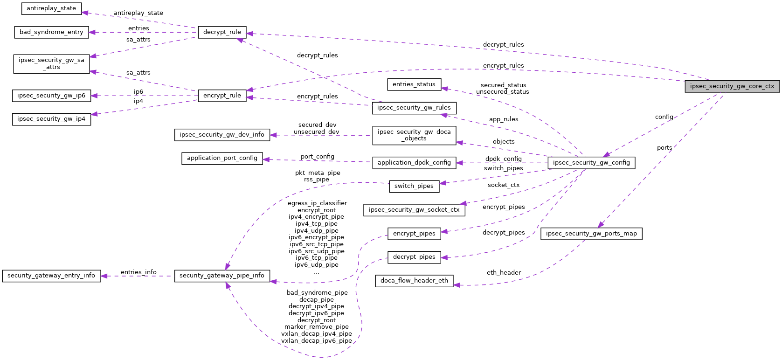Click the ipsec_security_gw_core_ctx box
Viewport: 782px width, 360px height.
click(x=732, y=86)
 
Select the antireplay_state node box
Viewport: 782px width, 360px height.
click(x=51, y=8)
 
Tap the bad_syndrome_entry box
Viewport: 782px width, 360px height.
click(x=51, y=32)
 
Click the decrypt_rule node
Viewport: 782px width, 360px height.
click(x=222, y=32)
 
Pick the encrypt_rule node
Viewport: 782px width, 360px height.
click(x=222, y=96)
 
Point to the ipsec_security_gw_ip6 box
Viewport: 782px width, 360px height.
click(x=51, y=96)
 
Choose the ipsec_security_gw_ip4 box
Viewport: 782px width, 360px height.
click(x=51, y=119)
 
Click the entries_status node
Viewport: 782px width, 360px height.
click(x=414, y=84)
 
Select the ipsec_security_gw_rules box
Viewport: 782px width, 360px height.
click(x=414, y=108)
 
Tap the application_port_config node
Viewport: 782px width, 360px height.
click(x=222, y=158)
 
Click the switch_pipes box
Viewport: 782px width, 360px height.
click(x=414, y=186)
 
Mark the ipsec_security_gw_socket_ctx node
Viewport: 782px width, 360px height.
click(x=414, y=210)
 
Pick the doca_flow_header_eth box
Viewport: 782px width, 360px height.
click(x=414, y=281)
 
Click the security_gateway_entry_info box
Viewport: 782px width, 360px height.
click(x=51, y=276)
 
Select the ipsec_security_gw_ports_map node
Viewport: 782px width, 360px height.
click(x=591, y=234)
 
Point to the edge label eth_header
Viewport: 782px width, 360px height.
click(x=504, y=273)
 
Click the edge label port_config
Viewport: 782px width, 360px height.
click(x=317, y=157)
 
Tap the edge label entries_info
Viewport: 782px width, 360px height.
click(x=138, y=272)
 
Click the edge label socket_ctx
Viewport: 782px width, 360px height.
click(x=504, y=185)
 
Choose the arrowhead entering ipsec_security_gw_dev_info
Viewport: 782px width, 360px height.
click(x=273, y=135)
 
